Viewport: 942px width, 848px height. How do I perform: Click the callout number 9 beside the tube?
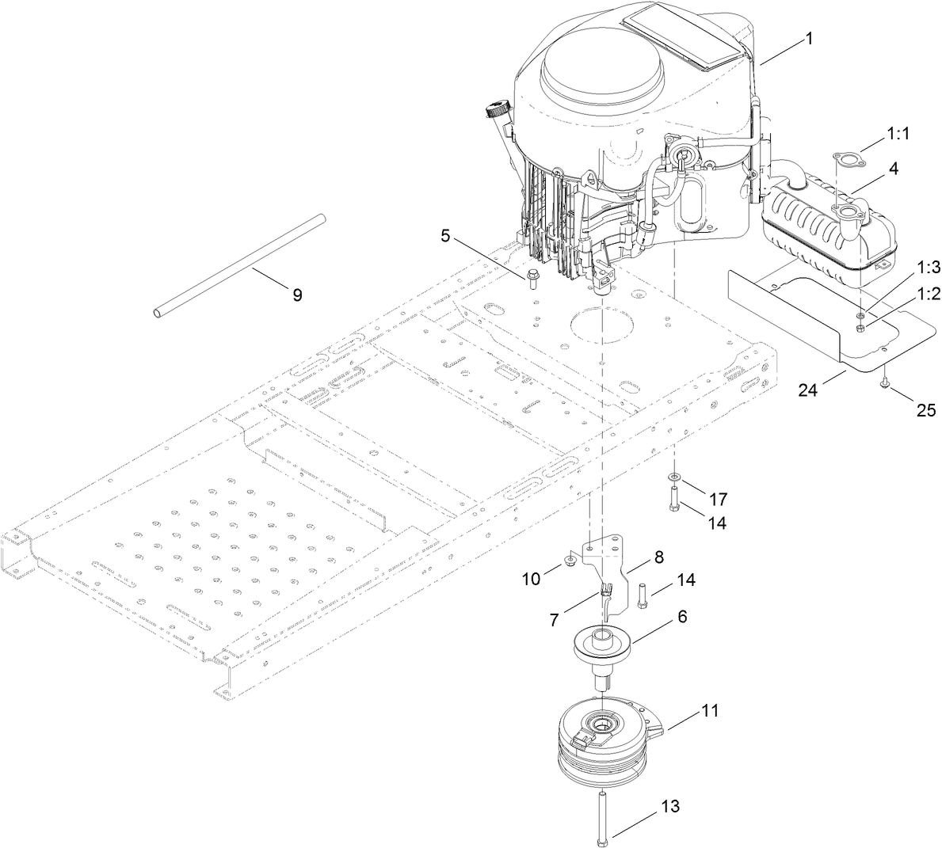297,295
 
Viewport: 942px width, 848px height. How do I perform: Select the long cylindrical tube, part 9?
238,265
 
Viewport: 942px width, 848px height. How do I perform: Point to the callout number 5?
445,235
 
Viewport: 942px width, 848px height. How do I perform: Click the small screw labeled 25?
883,385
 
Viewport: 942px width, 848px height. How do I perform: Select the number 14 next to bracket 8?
686,580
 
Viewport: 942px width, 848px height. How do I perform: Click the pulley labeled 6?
604,643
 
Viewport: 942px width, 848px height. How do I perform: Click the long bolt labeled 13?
604,816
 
